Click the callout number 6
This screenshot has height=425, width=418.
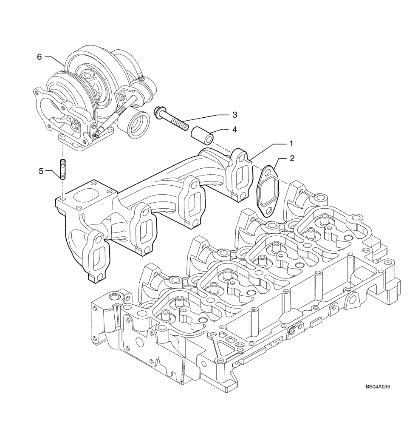pos(39,57)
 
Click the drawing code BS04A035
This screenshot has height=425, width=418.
pos(377,411)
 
